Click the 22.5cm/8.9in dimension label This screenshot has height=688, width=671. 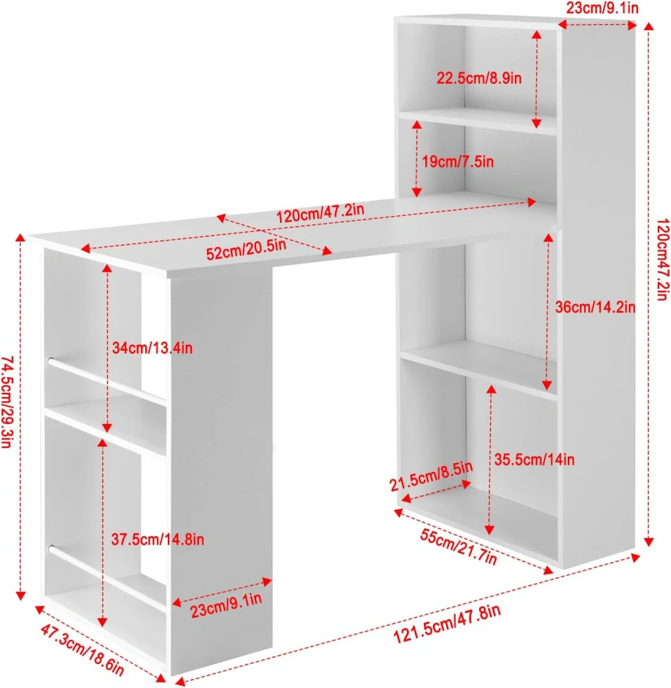[479, 78]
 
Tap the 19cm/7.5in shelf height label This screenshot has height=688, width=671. [458, 162]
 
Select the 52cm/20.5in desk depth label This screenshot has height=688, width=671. [246, 250]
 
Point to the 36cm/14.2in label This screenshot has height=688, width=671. [595, 307]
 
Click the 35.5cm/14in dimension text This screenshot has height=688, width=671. [534, 460]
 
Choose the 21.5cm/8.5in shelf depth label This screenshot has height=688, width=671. [432, 476]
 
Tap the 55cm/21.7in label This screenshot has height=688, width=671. [458, 547]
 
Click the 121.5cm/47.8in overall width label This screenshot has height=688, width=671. [447, 623]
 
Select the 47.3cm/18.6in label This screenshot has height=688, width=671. [83, 650]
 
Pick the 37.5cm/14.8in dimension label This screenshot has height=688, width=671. [158, 539]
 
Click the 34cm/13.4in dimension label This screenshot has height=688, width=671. [152, 348]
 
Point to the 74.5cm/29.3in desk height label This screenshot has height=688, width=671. [8, 402]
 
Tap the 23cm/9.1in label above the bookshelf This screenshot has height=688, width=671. [602, 8]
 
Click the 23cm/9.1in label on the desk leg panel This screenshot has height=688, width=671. [226, 605]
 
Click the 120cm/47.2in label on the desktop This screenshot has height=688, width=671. [321, 213]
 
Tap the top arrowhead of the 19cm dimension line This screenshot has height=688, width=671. [417, 125]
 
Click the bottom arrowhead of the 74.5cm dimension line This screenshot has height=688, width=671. [20, 595]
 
